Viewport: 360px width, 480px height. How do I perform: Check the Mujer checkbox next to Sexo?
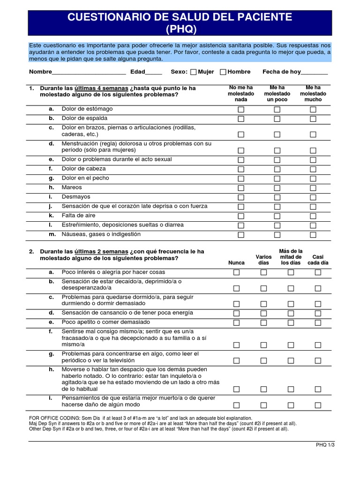click(194, 72)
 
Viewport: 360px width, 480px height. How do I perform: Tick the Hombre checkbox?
click(223, 72)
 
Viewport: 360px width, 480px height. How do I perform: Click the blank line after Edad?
click(154, 73)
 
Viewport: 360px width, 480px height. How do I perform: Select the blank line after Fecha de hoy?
click(314, 73)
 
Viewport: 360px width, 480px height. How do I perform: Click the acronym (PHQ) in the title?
click(180, 30)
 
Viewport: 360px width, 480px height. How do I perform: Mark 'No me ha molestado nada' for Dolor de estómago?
click(241, 110)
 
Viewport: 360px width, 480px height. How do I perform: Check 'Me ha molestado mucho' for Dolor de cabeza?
click(313, 169)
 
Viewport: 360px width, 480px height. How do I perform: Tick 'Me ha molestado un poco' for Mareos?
click(277, 188)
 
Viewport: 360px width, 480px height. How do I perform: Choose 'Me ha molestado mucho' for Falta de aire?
click(313, 216)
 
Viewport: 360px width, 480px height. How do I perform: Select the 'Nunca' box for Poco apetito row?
click(236, 323)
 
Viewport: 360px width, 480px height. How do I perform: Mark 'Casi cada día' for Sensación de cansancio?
click(318, 314)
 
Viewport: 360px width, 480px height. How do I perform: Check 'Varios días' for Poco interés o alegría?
click(263, 273)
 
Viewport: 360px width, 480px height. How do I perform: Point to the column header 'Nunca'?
click(236, 263)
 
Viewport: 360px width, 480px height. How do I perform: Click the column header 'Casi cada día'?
click(318, 260)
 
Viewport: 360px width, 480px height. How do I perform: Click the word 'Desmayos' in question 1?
click(76, 197)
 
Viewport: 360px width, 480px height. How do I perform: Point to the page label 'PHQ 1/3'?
click(325, 445)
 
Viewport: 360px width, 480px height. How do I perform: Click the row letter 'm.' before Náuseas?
click(52, 234)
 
